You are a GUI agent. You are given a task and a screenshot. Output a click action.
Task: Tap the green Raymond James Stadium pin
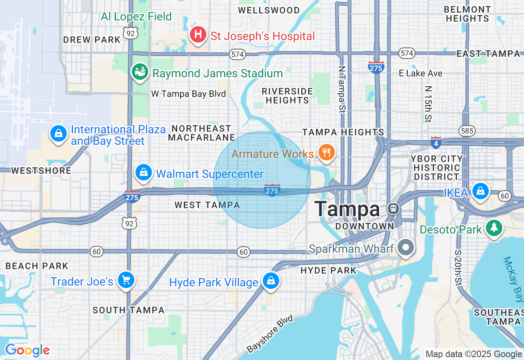point(140,72)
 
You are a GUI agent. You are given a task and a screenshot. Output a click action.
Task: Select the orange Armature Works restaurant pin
point(326,153)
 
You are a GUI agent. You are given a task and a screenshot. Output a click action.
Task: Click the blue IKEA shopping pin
point(480,191)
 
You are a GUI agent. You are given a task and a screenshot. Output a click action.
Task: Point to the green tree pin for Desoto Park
point(494,228)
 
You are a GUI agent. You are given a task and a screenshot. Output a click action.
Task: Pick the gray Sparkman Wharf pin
point(406,248)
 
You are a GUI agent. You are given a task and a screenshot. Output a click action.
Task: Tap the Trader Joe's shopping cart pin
point(126,280)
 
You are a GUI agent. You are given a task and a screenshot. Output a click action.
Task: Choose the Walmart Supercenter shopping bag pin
point(144,173)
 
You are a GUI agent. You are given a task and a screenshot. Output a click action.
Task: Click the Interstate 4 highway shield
point(436,143)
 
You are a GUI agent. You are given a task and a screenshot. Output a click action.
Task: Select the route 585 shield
point(467,131)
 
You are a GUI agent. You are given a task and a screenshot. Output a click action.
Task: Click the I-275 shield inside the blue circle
point(272,190)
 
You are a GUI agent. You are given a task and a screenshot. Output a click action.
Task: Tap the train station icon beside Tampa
point(393,209)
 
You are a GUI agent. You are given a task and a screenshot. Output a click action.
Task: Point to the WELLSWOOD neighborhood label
point(269,10)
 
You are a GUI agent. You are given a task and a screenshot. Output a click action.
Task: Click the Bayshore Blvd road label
point(271,334)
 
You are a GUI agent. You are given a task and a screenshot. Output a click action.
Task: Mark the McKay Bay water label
point(513,279)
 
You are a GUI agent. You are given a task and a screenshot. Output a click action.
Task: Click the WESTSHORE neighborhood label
point(41,171)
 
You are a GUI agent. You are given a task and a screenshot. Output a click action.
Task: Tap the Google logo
point(27,350)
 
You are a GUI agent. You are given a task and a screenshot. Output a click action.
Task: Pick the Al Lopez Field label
point(136,17)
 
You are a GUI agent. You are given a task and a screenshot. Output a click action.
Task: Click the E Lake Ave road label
point(420,73)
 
